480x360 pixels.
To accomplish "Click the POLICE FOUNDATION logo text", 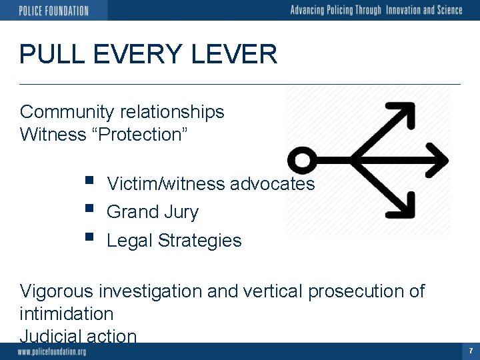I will point(53,10).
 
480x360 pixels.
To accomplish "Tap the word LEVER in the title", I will point(239,54).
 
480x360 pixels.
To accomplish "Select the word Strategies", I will point(200,241).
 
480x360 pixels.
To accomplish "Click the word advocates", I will point(272,184).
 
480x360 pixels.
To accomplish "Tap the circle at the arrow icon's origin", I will point(301,160).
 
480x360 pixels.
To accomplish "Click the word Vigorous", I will point(57,291).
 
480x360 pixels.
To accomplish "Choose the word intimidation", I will point(67,313).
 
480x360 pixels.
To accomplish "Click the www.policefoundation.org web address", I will point(52,351).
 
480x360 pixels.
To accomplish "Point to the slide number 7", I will point(471,351).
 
